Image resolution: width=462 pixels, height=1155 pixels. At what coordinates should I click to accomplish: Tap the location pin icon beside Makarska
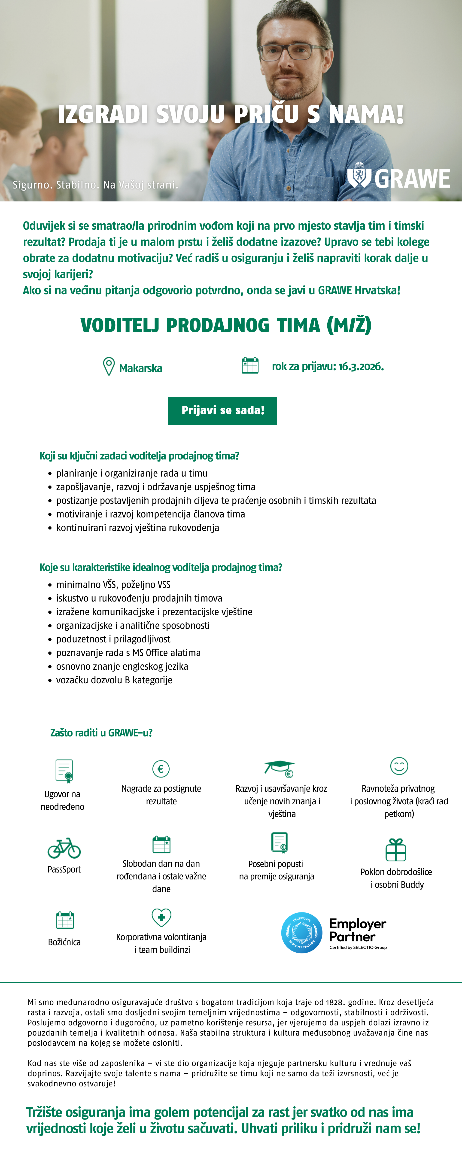tap(109, 366)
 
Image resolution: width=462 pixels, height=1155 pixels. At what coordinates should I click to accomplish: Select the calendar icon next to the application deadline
tap(250, 365)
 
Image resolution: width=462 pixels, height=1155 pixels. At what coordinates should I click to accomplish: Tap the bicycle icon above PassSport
tap(64, 848)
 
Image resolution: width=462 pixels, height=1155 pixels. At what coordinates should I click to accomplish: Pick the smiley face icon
tap(399, 766)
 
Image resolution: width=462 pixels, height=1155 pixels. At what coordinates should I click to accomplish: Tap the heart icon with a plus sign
tap(161, 917)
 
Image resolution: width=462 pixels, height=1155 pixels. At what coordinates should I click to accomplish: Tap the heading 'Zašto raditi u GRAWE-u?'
tap(101, 733)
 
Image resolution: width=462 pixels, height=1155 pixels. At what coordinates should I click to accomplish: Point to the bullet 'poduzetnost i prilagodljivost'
tap(113, 639)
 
